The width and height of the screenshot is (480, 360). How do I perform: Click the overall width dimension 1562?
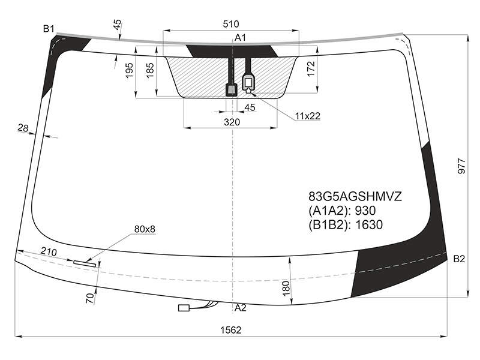(231, 330)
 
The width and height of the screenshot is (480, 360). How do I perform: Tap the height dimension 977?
(461, 166)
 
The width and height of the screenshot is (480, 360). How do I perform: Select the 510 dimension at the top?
(231, 24)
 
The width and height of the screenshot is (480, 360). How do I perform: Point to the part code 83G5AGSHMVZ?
(355, 197)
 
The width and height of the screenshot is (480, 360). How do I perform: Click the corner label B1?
(49, 29)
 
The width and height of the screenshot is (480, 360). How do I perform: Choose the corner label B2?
(459, 259)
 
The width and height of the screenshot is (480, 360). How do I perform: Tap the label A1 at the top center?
(241, 38)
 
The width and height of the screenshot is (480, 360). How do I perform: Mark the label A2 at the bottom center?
(241, 308)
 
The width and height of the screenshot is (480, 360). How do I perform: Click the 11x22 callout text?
(308, 116)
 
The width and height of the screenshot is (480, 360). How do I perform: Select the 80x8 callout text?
(145, 229)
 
